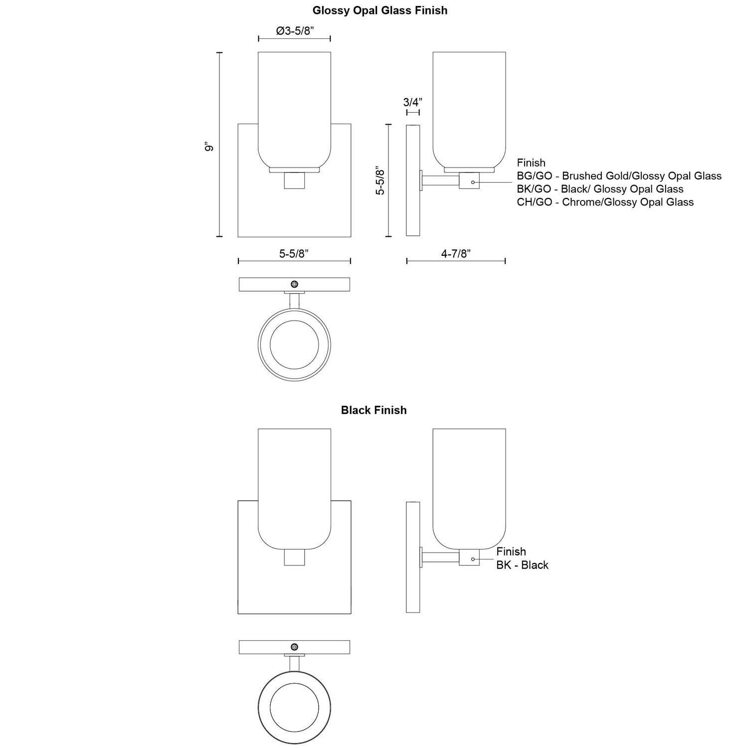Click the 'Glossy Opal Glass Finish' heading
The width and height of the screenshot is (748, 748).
pos(379,10)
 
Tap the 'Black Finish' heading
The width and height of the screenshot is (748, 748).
pos(374,410)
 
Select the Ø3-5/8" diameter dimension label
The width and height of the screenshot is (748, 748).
pos(294,31)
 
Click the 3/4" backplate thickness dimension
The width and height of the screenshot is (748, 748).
pos(412,102)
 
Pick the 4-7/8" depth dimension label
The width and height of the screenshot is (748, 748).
pos(456,253)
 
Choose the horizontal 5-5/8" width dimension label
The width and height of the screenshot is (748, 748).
pos(294,253)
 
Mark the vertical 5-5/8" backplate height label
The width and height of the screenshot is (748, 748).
pos(380,180)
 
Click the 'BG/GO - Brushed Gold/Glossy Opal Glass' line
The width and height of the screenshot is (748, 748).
pos(619,176)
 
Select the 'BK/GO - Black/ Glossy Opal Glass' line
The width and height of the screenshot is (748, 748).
pos(600,189)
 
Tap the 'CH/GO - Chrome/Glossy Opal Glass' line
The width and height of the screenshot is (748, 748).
pos(605,202)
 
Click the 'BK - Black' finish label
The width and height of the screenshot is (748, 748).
pos(522,565)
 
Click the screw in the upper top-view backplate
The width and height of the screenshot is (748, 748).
pos(294,284)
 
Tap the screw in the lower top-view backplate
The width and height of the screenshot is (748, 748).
pos(294,647)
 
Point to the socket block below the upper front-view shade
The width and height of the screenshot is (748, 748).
pos(294,181)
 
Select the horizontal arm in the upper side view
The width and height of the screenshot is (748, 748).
pos(441,181)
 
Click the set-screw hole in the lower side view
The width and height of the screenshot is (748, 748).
pos(473,559)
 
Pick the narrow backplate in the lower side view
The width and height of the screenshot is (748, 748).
pos(413,557)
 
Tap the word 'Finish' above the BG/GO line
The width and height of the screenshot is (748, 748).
pos(531,163)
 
